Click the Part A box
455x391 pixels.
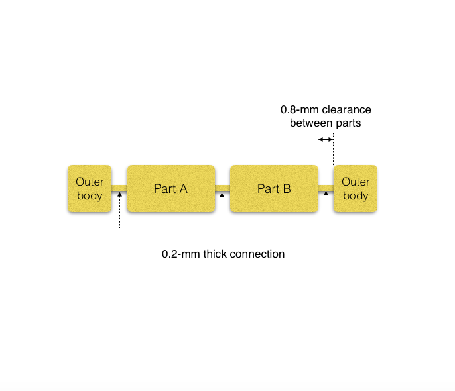(170, 189)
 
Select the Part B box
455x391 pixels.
(273, 189)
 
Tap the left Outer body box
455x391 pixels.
(90, 189)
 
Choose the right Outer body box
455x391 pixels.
(355, 189)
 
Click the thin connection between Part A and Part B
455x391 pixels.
(222, 189)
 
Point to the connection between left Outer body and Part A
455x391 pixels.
(119, 189)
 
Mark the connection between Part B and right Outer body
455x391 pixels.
(326, 189)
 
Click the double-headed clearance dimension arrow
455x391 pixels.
(325, 139)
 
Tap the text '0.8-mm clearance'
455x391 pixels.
(326, 109)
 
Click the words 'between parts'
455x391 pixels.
(326, 123)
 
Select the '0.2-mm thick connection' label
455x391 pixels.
(223, 254)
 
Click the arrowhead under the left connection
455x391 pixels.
(119, 196)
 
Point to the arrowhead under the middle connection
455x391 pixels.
(222, 196)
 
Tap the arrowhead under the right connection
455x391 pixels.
(326, 196)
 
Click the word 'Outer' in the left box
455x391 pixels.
(90, 182)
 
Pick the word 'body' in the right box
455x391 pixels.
(356, 196)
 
